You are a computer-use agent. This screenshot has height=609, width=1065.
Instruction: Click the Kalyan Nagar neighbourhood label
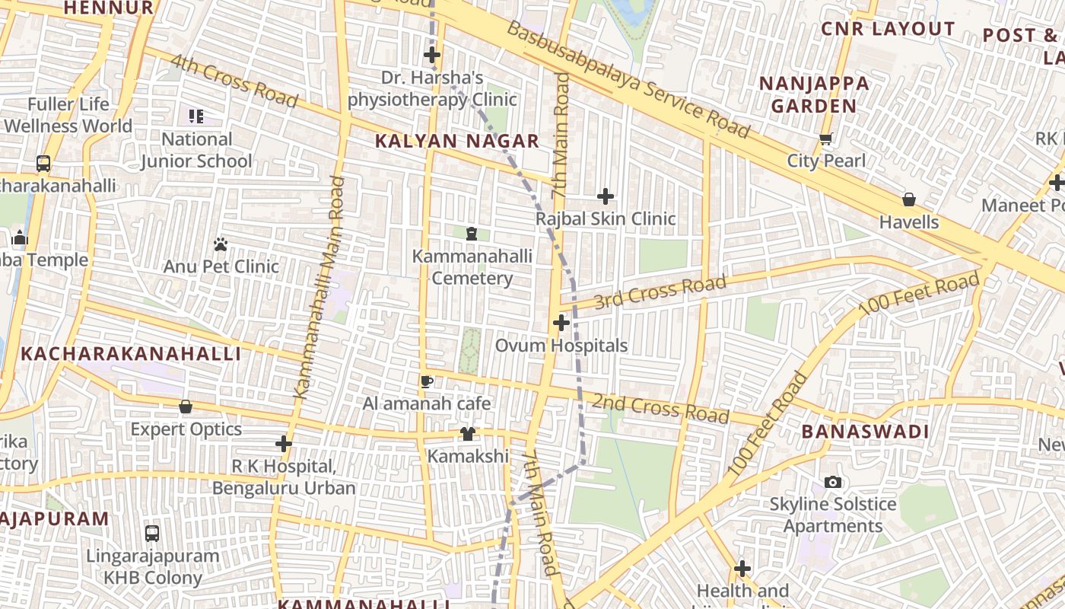pyautogui.click(x=457, y=141)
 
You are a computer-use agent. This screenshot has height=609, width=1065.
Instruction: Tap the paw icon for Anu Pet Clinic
pyautogui.click(x=221, y=244)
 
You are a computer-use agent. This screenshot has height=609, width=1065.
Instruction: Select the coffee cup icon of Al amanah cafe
pyautogui.click(x=426, y=381)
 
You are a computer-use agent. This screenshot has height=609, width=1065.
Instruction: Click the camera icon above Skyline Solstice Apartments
pyautogui.click(x=833, y=482)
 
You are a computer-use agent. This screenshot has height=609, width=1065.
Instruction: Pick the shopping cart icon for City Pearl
pyautogui.click(x=826, y=139)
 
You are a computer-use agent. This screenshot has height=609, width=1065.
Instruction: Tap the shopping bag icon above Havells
pyautogui.click(x=908, y=199)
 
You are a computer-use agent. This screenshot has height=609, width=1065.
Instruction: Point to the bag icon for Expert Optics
pyautogui.click(x=186, y=407)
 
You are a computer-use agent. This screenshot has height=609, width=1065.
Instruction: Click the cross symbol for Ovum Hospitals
pyautogui.click(x=561, y=323)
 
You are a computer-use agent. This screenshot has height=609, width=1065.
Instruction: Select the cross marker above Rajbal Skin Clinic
pyautogui.click(x=606, y=196)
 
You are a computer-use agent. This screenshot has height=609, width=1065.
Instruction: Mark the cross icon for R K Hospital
pyautogui.click(x=284, y=443)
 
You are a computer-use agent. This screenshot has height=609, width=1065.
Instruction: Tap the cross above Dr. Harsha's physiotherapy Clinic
pyautogui.click(x=432, y=55)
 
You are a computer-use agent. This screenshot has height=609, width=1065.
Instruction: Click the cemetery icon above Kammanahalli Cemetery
pyautogui.click(x=472, y=233)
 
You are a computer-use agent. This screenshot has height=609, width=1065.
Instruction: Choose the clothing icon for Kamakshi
pyautogui.click(x=468, y=434)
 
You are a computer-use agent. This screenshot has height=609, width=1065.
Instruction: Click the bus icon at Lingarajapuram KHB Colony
pyautogui.click(x=152, y=533)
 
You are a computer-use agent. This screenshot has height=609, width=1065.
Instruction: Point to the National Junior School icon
pyautogui.click(x=196, y=116)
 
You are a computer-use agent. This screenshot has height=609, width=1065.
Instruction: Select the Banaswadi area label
pyautogui.click(x=865, y=432)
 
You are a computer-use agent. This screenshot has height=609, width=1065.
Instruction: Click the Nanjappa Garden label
pyautogui.click(x=814, y=94)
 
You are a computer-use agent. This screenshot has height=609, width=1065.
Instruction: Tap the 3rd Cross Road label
pyautogui.click(x=660, y=292)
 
